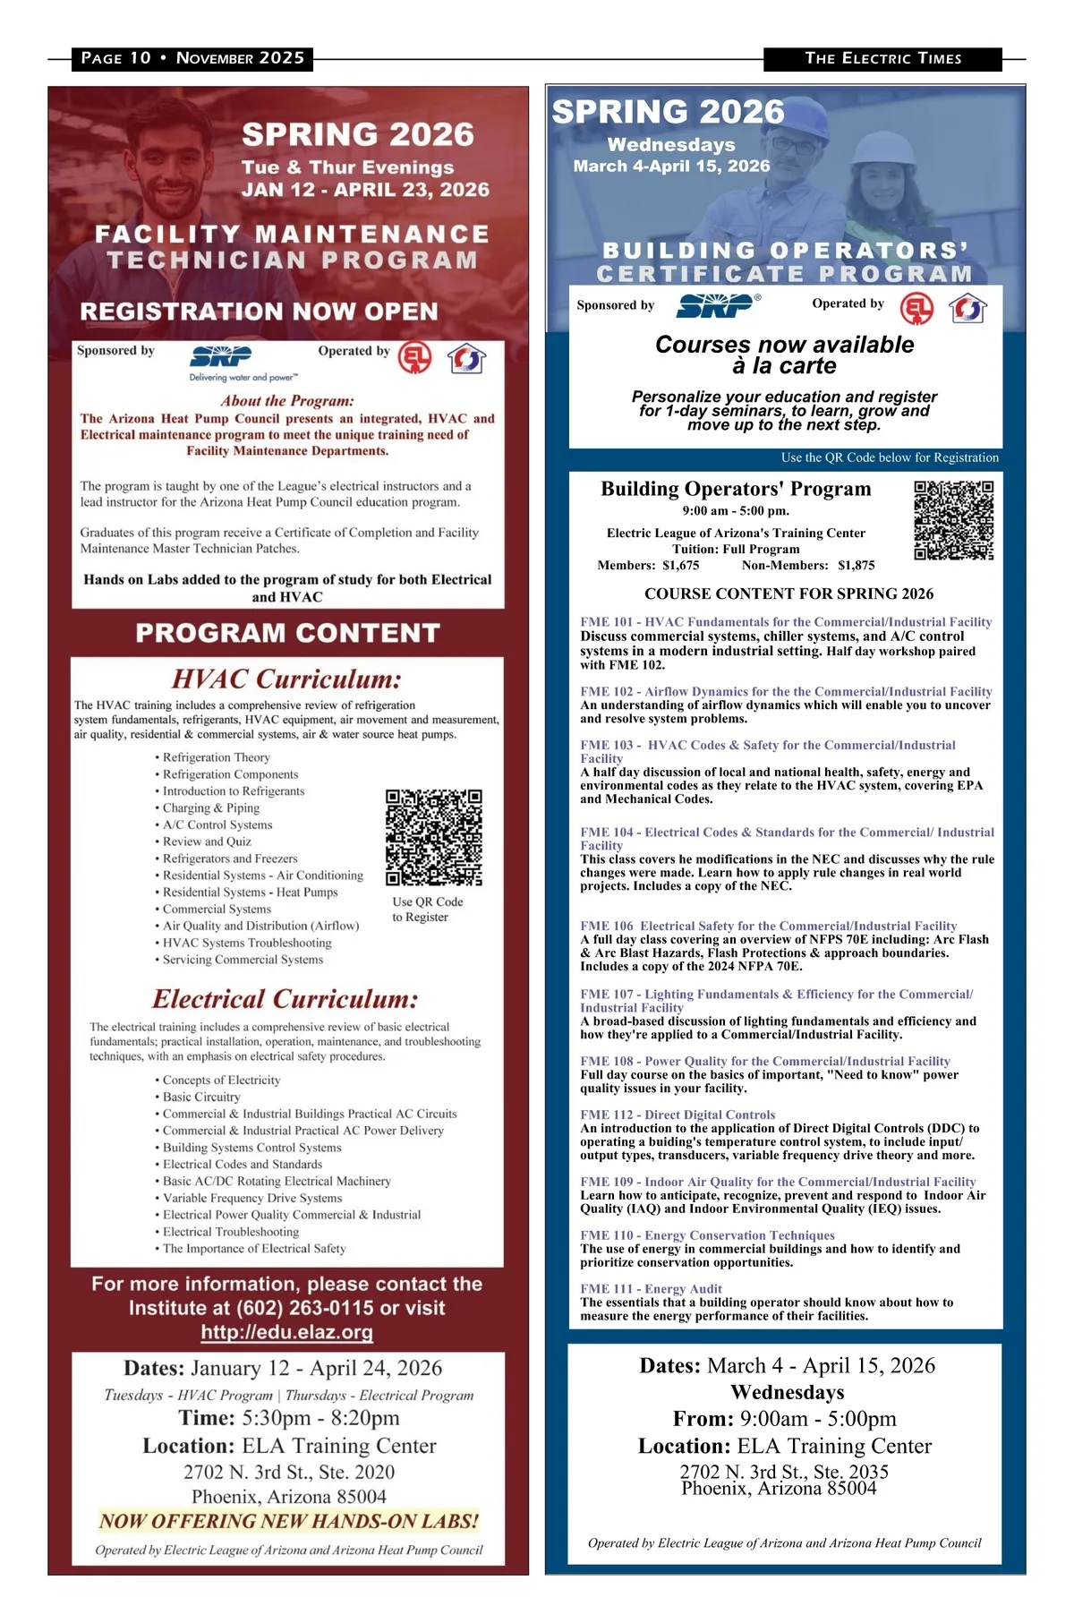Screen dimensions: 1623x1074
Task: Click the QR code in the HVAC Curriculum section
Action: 434,837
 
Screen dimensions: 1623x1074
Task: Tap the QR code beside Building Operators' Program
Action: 953,520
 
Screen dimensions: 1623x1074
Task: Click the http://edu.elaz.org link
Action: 286,1332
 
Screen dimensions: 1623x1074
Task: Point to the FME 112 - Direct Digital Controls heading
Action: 678,1115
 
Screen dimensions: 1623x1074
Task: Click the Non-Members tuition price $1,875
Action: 856,566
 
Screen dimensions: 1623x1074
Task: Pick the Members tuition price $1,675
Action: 681,566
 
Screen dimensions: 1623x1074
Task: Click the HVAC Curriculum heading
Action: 286,679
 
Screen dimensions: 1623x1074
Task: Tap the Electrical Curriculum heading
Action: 286,999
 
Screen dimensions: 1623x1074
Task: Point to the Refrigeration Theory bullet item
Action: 216,757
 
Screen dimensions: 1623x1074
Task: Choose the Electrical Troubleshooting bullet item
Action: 231,1232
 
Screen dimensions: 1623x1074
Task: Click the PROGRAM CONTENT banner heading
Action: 287,633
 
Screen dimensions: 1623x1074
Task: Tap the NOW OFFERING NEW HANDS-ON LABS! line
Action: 288,1521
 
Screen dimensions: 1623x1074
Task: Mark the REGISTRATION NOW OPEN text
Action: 259,312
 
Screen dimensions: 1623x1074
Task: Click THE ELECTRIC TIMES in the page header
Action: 882,59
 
